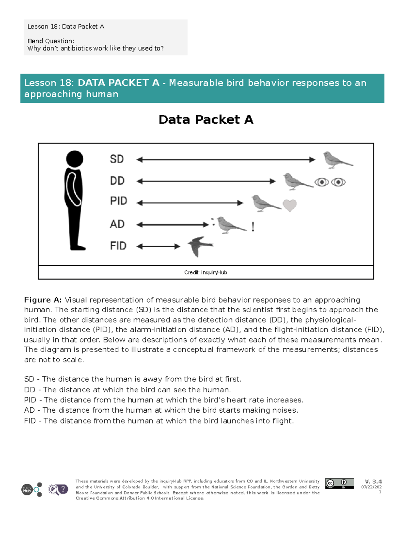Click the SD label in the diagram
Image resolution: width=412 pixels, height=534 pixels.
click(x=117, y=159)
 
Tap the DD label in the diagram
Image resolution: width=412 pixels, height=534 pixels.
click(x=117, y=181)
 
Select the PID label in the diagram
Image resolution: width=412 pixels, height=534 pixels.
click(x=118, y=201)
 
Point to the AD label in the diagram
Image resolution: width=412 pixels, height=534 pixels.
click(x=117, y=224)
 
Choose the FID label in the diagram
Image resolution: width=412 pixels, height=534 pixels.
click(x=118, y=246)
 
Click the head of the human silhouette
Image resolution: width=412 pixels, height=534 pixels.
click(x=75, y=159)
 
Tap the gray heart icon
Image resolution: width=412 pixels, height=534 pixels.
click(x=289, y=206)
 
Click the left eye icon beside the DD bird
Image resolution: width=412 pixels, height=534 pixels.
click(x=322, y=182)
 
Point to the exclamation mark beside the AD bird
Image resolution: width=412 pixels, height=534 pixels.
click(x=253, y=227)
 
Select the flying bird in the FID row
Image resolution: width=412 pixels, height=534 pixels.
click(x=200, y=246)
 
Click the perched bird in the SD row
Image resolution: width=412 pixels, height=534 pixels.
click(x=336, y=160)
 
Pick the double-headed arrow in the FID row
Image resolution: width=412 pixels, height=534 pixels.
click(x=158, y=246)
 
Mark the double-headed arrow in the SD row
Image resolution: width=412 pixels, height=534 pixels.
click(x=226, y=160)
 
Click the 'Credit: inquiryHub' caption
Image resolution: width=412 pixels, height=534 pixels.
click(x=205, y=272)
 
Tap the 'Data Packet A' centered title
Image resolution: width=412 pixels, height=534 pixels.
click(x=206, y=120)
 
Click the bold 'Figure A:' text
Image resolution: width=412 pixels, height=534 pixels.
click(x=43, y=300)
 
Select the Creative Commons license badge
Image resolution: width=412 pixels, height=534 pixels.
click(x=339, y=483)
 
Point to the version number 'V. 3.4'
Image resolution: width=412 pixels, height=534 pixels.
click(x=373, y=481)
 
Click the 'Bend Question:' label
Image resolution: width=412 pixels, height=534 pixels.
click(x=51, y=41)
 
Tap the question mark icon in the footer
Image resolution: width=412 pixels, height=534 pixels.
click(x=63, y=489)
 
